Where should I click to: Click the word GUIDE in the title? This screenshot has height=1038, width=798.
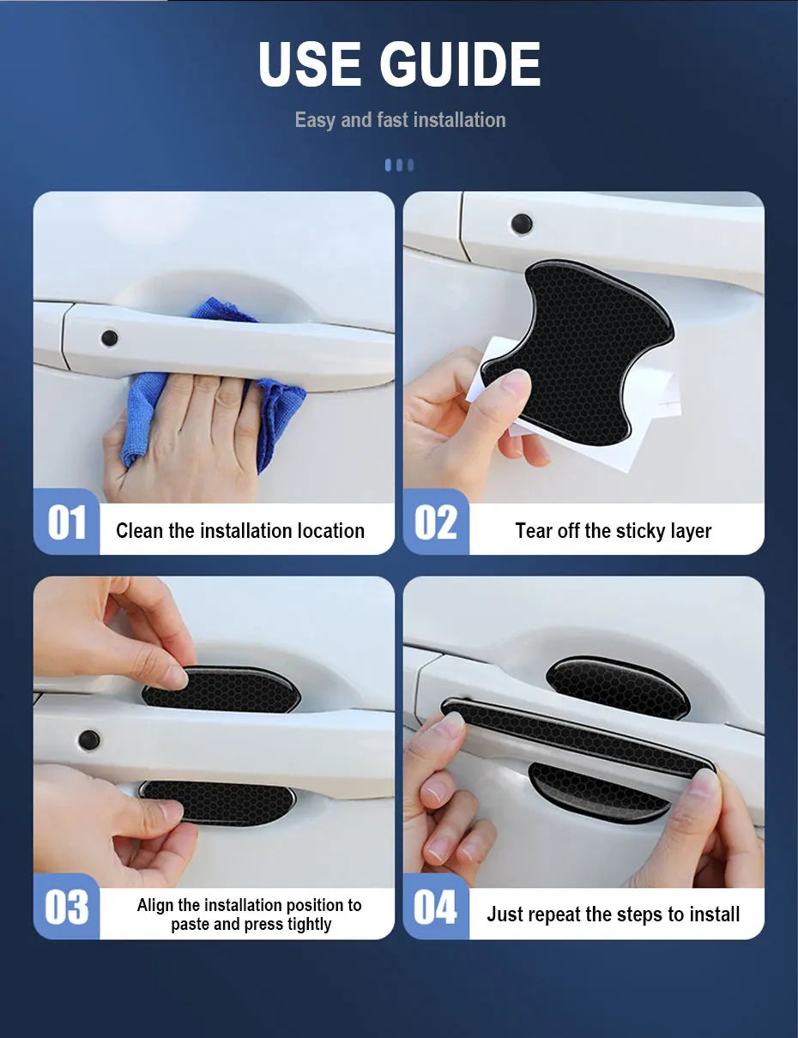click(x=460, y=64)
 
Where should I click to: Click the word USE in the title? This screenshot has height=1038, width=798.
click(x=310, y=64)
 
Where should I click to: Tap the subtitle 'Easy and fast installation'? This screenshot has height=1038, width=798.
click(x=400, y=120)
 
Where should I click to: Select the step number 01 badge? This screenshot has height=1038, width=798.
click(x=66, y=522)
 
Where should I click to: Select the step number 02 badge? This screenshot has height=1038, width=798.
click(x=436, y=522)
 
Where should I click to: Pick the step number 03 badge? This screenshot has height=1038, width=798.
click(x=66, y=907)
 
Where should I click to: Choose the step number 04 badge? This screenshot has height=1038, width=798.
click(x=436, y=907)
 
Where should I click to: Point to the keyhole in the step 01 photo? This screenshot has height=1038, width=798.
click(x=109, y=338)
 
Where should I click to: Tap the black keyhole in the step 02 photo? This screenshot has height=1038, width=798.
click(x=522, y=222)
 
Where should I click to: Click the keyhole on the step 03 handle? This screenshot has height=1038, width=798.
click(x=89, y=739)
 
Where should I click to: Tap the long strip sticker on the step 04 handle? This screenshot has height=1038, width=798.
click(x=577, y=737)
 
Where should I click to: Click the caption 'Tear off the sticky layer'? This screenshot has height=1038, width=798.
click(x=614, y=531)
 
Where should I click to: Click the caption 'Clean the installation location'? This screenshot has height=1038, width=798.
click(x=240, y=531)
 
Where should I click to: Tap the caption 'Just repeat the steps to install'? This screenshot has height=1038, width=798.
click(x=614, y=914)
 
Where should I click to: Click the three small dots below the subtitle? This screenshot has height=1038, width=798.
click(x=399, y=166)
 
